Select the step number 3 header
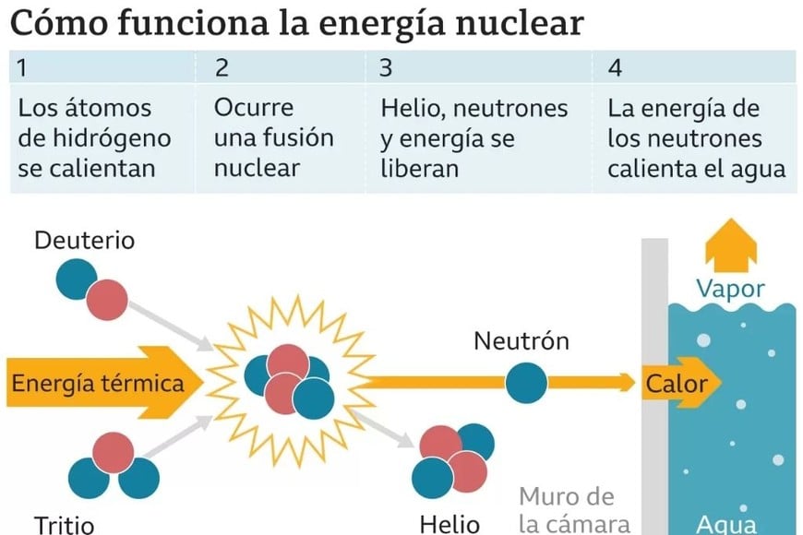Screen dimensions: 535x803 point(386,68)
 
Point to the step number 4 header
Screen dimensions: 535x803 point(616,68)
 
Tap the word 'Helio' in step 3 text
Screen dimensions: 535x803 point(406,109)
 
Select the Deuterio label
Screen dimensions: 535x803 point(84,241)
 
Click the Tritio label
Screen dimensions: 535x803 point(65,524)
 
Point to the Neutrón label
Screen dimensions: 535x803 point(521,341)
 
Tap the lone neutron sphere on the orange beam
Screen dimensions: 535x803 point(525,380)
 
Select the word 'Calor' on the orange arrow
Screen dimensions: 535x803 point(676,383)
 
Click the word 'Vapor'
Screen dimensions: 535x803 point(730,289)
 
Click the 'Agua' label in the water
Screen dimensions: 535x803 point(726,524)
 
